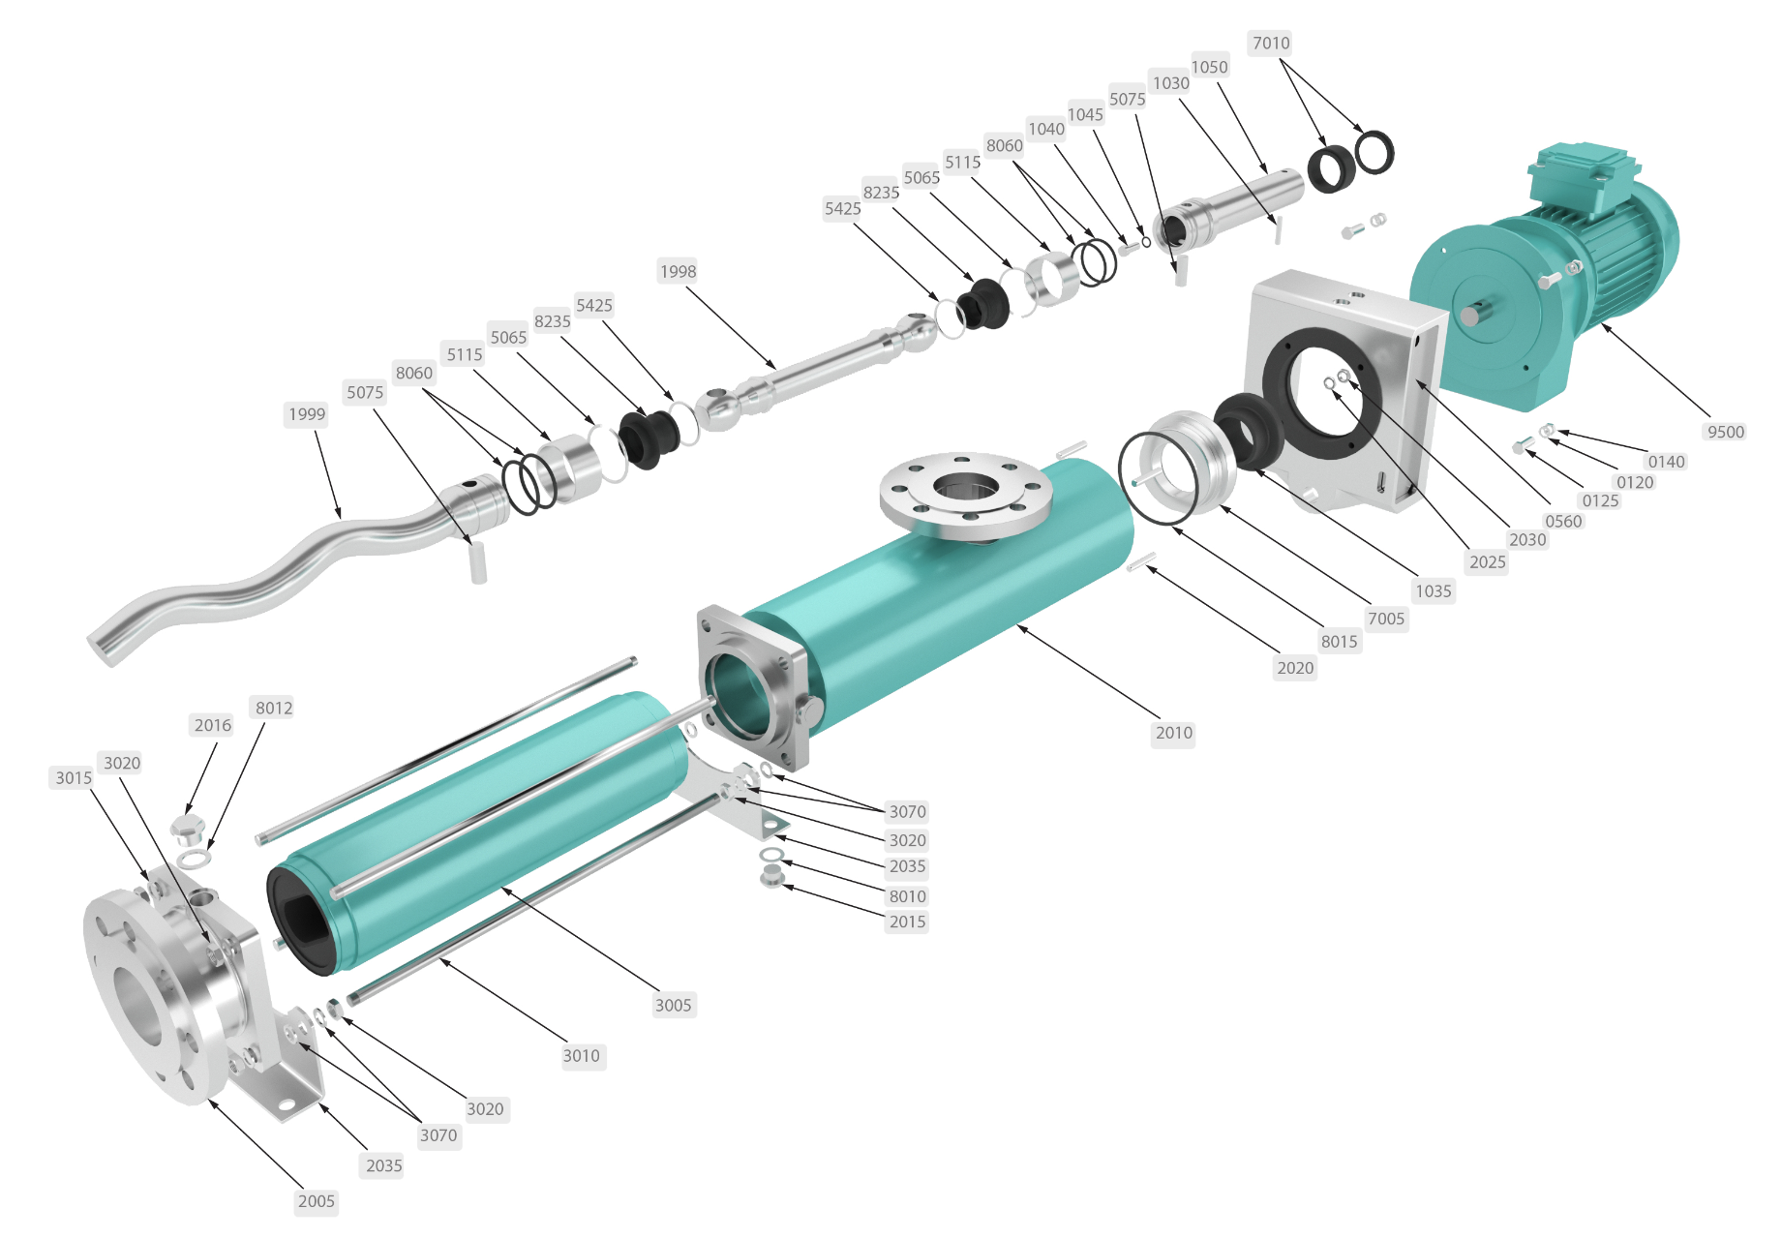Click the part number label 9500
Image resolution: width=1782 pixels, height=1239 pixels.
click(1726, 432)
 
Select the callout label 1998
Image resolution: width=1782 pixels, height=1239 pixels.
click(678, 271)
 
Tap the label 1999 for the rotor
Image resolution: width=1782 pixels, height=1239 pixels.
click(307, 414)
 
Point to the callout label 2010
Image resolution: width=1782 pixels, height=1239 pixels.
click(1174, 733)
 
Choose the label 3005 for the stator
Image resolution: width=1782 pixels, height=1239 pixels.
click(673, 1005)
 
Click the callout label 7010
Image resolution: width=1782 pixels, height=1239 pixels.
click(1271, 43)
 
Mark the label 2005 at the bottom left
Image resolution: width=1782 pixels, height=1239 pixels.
click(317, 1201)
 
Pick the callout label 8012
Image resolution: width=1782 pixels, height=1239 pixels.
click(274, 708)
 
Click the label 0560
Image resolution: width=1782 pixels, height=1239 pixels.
click(1563, 521)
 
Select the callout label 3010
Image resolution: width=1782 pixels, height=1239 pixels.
click(582, 1056)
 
